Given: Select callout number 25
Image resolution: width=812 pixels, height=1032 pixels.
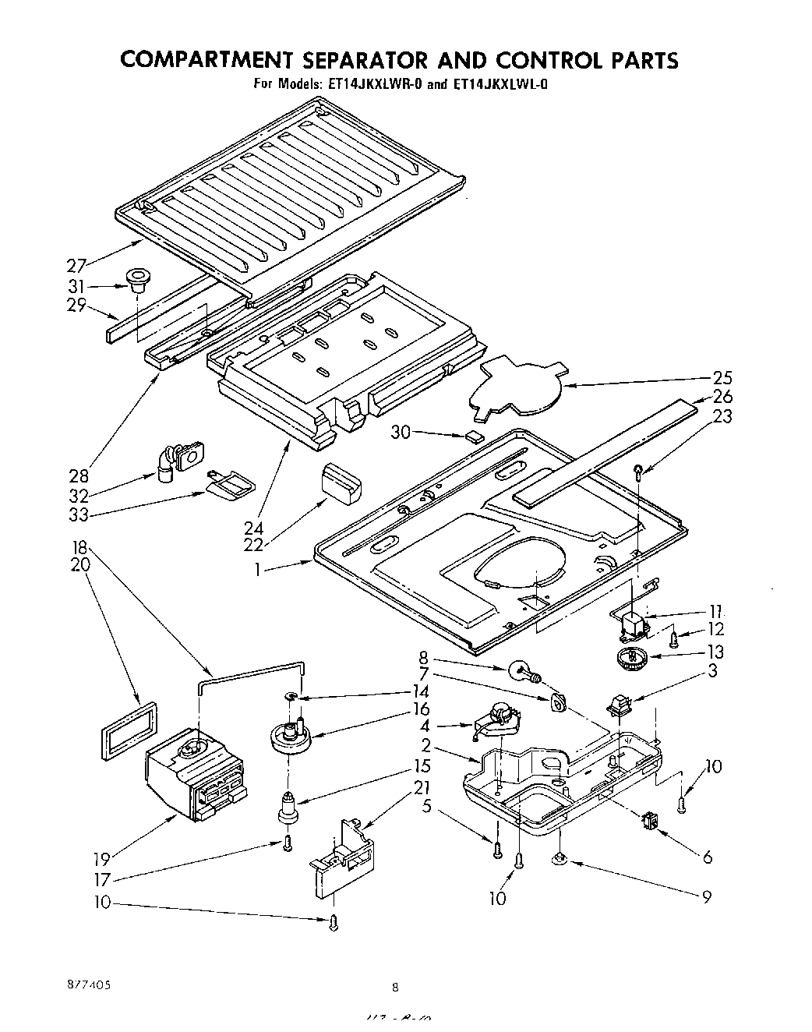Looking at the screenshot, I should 722,378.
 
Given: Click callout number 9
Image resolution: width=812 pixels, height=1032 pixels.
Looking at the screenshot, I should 707,897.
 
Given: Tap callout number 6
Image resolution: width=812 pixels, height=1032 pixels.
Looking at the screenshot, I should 707,857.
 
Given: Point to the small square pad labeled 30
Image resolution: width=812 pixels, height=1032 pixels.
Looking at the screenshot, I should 473,436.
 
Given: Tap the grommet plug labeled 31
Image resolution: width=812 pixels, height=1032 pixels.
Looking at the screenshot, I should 137,280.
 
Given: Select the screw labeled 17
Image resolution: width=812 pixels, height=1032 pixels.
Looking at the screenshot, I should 288,843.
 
